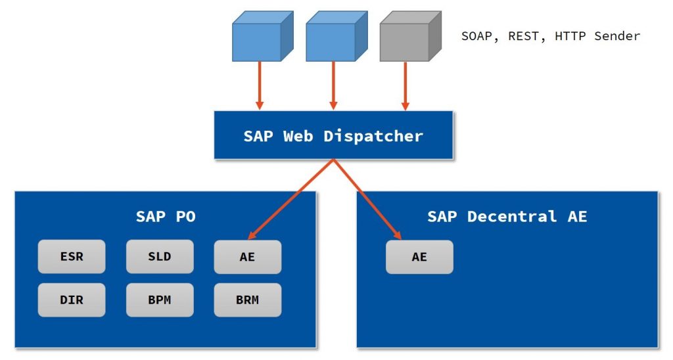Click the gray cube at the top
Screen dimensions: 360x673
pos(409,36)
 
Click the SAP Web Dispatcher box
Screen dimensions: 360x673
pos(333,135)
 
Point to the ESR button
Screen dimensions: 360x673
pos(72,256)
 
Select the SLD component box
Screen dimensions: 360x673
pos(160,256)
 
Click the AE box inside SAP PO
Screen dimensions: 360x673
pos(248,257)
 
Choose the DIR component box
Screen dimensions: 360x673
pos(72,300)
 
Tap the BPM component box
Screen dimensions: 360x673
pos(160,300)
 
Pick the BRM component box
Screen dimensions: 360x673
pos(248,300)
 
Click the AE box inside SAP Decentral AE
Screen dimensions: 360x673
pos(419,257)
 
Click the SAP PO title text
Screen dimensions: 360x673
pos(166,216)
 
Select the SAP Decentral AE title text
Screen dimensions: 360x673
pos(507,216)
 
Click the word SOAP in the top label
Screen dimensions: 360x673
pos(476,36)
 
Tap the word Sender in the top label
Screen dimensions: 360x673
pos(617,36)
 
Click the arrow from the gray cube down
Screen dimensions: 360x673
pos(406,85)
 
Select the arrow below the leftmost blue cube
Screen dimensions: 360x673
pos(260,85)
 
